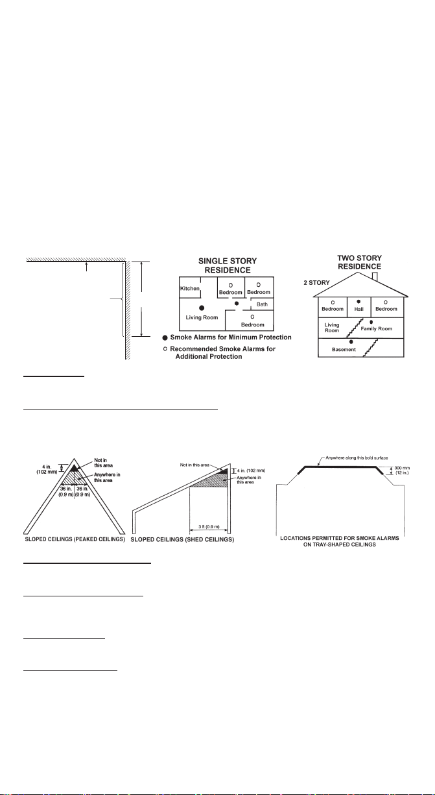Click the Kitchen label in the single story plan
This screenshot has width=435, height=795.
click(x=190, y=289)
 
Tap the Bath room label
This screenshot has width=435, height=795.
click(x=262, y=304)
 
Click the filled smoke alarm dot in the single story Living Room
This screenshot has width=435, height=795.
click(x=202, y=308)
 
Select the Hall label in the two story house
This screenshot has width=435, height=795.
click(x=359, y=309)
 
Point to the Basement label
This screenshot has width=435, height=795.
click(x=344, y=350)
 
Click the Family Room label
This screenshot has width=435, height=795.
click(x=377, y=328)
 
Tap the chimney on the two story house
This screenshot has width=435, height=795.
click(x=375, y=277)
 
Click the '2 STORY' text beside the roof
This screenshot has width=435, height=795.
click(x=316, y=283)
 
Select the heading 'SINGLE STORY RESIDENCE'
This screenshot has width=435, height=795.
click(x=228, y=265)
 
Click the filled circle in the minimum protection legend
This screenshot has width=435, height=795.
click(x=165, y=337)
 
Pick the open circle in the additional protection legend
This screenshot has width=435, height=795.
click(x=165, y=349)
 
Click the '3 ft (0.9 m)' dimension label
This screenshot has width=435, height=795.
click(x=209, y=527)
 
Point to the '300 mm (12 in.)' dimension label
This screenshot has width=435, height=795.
click(x=402, y=471)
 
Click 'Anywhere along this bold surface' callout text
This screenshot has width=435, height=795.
click(x=357, y=458)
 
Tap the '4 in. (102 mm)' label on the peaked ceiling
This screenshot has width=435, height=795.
click(x=47, y=469)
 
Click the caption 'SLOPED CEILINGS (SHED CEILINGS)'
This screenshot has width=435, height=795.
click(x=182, y=539)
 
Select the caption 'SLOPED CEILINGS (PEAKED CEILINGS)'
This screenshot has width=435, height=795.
click(x=75, y=539)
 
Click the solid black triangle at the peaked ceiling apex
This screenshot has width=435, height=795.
click(x=74, y=468)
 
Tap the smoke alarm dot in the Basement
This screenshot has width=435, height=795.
click(x=351, y=342)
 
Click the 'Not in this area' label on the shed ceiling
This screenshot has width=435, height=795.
click(x=194, y=465)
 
